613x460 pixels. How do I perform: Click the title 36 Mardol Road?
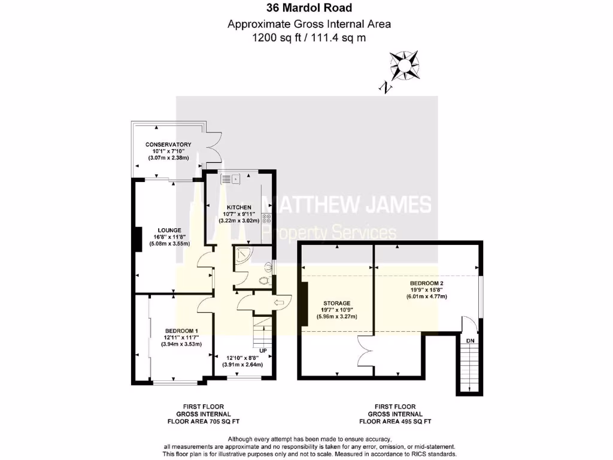pyautogui.click(x=309, y=8)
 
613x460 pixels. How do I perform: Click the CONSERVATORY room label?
pyautogui.click(x=168, y=144)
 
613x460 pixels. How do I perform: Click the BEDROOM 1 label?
pyautogui.click(x=181, y=331)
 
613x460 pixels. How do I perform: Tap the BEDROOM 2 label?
pyautogui.click(x=427, y=283)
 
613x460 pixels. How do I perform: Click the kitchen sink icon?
pyautogui.click(x=230, y=178)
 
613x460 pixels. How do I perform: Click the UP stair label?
pyautogui.click(x=263, y=350)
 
